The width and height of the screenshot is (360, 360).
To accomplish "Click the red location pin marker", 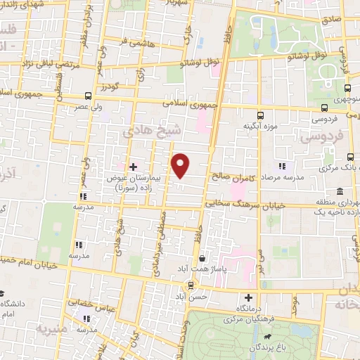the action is click(x=181, y=165).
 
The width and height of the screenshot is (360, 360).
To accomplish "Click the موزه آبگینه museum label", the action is click(x=257, y=126).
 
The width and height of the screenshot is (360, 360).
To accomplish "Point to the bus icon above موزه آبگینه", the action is click(x=260, y=115).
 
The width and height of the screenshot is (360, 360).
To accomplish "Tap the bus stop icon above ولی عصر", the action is click(x=89, y=96).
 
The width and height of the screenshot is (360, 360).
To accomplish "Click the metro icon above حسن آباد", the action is click(x=190, y=285).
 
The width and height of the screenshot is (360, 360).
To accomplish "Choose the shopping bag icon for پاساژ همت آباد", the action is click(x=202, y=258).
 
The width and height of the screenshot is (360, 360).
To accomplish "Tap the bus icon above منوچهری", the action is click(x=349, y=88).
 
